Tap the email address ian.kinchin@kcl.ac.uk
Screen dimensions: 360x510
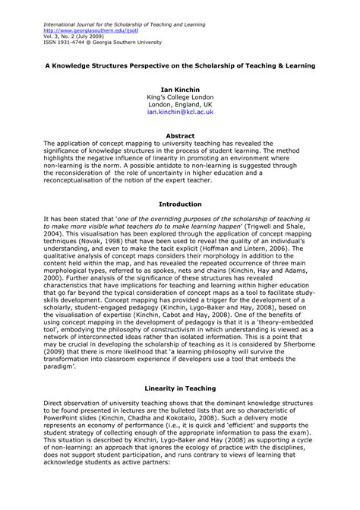tap(180, 111)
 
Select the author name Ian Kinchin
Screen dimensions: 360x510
tap(180, 88)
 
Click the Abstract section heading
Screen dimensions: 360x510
tap(180, 135)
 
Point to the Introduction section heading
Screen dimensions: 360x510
tap(180, 204)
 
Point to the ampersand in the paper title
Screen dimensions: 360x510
tap(285, 66)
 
